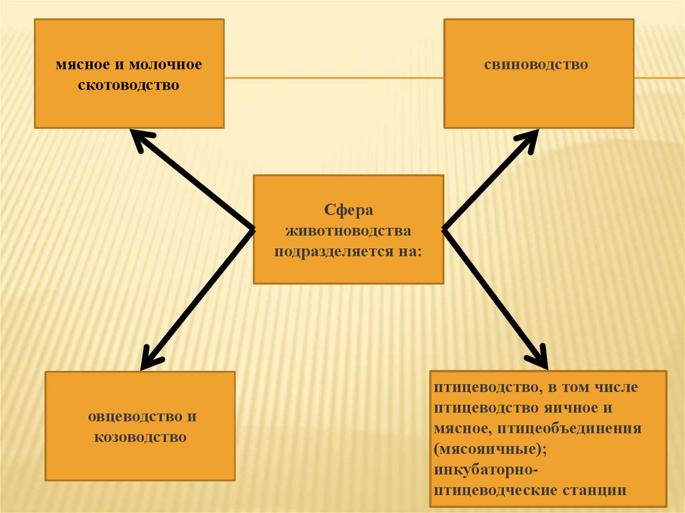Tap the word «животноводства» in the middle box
348,231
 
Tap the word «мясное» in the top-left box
82,65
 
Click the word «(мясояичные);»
480,448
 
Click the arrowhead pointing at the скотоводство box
139,138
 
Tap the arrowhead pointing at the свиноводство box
528,140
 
